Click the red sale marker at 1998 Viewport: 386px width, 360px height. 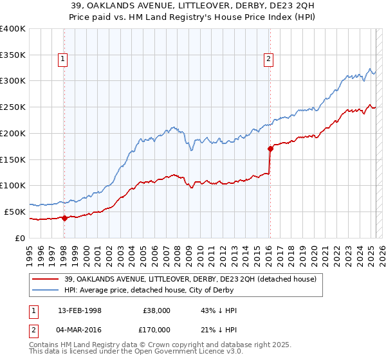(64, 218)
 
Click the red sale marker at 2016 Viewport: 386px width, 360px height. (270, 148)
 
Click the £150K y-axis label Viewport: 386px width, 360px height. (14, 159)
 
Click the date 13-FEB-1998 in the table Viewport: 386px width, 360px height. (80, 310)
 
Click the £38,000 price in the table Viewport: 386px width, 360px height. (156, 310)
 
